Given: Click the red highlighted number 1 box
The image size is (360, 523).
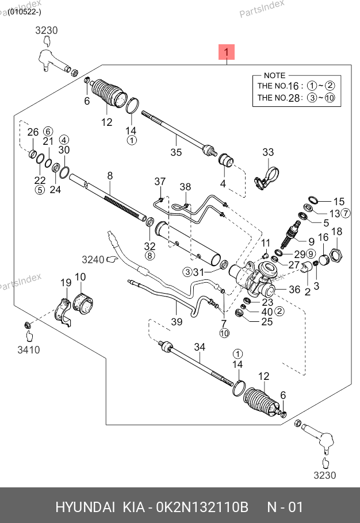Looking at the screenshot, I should (227, 53).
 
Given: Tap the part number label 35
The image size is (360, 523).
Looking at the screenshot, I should (176, 152).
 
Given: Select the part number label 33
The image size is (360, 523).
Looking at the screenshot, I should (269, 152).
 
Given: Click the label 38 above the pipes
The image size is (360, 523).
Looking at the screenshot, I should (185, 187).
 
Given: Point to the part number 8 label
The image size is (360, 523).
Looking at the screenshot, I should (109, 176).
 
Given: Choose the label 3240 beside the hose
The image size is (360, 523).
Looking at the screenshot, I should (93, 260).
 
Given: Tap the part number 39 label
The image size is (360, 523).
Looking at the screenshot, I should (177, 322).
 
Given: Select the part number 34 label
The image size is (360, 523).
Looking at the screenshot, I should (199, 347).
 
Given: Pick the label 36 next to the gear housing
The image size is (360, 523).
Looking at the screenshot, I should (294, 290).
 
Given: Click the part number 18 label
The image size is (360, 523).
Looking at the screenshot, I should (337, 232).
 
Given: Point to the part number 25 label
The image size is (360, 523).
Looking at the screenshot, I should (267, 322).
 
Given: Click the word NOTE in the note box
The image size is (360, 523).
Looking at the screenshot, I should (274, 75).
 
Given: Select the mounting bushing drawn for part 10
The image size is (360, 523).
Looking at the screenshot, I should (86, 303).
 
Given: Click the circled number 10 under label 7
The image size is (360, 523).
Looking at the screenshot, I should (224, 333).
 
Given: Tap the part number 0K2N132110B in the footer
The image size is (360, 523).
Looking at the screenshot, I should (204, 507).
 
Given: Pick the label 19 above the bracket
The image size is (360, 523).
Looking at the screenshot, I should (66, 282).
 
